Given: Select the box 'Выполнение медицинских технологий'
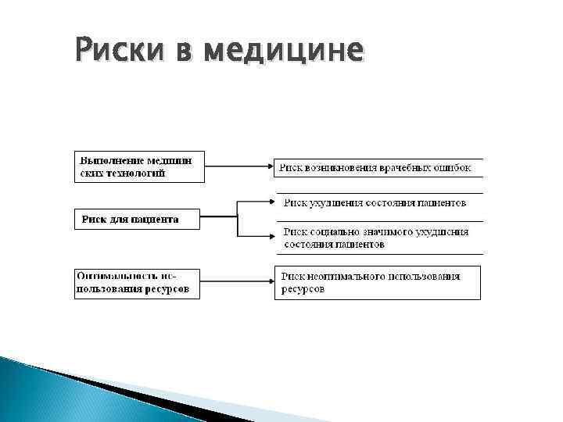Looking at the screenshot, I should (140, 166).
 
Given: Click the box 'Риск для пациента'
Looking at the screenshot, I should (137, 220).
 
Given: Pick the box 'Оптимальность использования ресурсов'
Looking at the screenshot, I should (137, 283).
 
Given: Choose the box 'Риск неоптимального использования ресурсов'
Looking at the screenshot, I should (378, 283).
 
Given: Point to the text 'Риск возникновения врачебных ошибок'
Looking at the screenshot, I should (380, 166).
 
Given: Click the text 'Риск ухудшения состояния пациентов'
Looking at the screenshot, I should (375, 202).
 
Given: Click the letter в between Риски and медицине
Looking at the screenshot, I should (177, 51).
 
